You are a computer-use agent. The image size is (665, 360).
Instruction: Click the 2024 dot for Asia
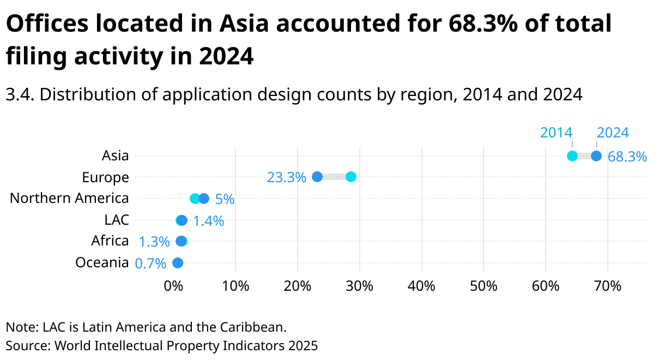click(x=596, y=156)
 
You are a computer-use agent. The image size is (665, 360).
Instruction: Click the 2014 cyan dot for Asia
click(x=572, y=156)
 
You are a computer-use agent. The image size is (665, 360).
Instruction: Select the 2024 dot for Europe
click(x=317, y=177)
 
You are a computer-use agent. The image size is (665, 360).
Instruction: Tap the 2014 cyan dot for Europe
click(x=351, y=177)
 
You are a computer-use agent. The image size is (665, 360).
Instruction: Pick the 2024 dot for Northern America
click(x=204, y=199)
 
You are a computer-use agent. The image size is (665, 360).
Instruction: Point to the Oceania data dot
click(x=178, y=263)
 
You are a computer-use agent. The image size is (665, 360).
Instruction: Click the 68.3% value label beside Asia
click(x=627, y=157)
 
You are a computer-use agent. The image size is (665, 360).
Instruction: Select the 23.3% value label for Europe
click(x=286, y=178)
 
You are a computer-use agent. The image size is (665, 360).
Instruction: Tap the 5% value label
click(x=225, y=200)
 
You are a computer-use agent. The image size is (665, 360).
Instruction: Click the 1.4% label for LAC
click(x=208, y=221)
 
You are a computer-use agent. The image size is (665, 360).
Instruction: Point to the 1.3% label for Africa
click(x=154, y=242)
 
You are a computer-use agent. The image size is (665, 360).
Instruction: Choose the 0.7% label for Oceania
click(x=150, y=264)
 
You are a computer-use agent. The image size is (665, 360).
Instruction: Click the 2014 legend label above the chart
click(x=556, y=133)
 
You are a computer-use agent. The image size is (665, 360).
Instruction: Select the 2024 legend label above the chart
click(x=613, y=133)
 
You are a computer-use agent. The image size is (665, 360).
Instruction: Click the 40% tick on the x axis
click(x=421, y=286)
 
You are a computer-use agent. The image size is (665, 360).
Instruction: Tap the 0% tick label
click(x=173, y=286)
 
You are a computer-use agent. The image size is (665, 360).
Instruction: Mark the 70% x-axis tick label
click(x=608, y=286)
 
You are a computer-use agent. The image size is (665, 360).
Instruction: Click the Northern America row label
click(x=69, y=198)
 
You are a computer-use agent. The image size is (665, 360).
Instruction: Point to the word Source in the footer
click(x=26, y=345)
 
